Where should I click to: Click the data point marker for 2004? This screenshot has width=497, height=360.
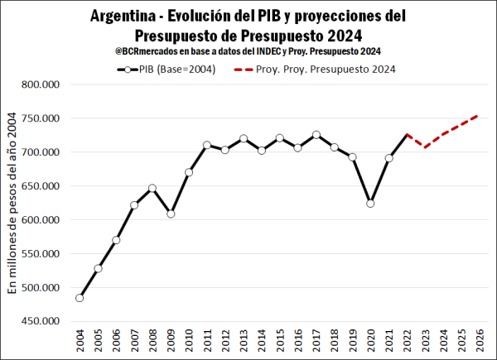click(x=80, y=297)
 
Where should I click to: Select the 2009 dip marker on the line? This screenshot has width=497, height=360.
click(x=171, y=214)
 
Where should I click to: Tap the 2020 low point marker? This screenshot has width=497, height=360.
click(x=370, y=203)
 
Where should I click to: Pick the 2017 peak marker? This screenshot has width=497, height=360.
click(x=316, y=135)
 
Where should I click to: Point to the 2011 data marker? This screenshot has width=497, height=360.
click(x=207, y=145)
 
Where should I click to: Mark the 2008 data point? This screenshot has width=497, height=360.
click(x=152, y=188)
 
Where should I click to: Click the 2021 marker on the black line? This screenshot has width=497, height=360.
click(x=388, y=158)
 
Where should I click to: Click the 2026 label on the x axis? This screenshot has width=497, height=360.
click(x=480, y=341)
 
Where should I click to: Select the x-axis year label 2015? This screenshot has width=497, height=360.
click(x=280, y=341)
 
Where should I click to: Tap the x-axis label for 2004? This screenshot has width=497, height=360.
click(x=80, y=341)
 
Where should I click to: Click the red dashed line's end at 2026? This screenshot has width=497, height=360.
click(x=479, y=115)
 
